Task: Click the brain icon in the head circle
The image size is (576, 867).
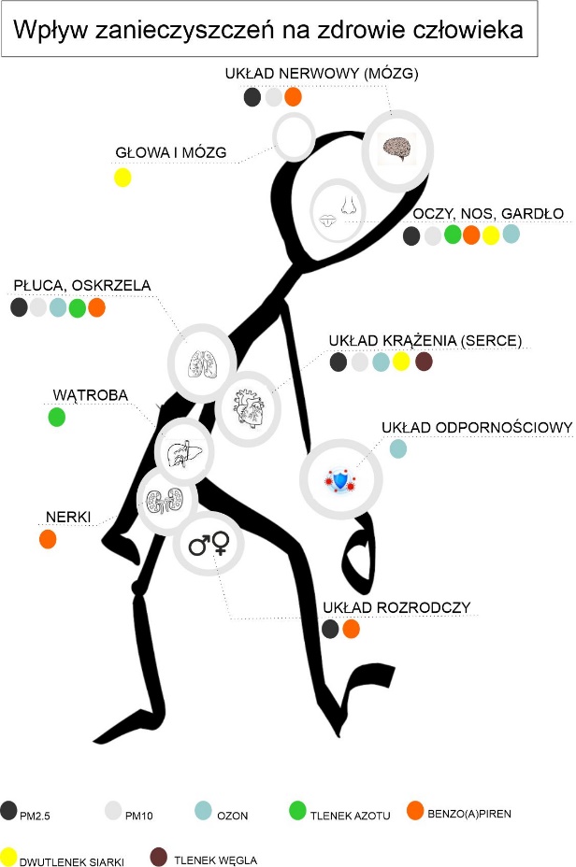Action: (398, 148)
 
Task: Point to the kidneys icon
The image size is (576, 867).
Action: (166, 502)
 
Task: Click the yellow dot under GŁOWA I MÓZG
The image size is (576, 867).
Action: (122, 177)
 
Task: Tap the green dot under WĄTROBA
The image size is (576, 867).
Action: (57, 417)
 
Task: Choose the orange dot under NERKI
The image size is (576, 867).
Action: (48, 538)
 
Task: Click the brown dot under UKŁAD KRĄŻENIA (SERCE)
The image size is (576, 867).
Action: (424, 362)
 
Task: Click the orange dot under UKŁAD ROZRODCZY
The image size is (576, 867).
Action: (352, 629)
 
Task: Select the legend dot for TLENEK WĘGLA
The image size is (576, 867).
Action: (159, 857)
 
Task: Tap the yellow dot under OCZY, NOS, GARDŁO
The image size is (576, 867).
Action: (491, 235)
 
